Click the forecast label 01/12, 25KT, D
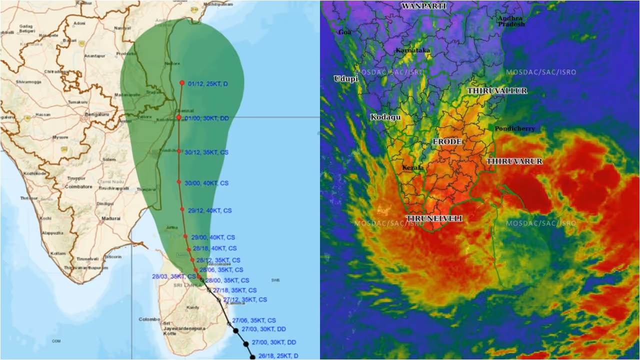coord(207,84)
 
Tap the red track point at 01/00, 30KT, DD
coord(179,117)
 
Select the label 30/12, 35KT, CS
coord(206,152)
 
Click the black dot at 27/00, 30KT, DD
coord(246,344)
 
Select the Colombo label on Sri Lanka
coord(148,319)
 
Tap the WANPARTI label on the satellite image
coord(423,6)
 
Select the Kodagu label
coord(385,117)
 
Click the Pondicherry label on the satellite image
coord(514,128)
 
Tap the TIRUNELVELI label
coord(434,219)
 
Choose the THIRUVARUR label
coord(514,161)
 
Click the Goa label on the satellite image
coord(344,32)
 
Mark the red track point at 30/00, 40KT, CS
coord(179,182)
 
